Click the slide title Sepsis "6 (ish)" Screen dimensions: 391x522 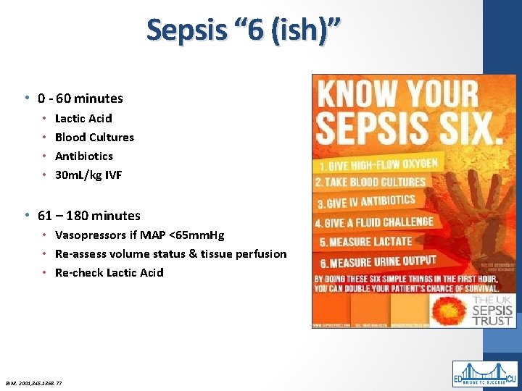[x=243, y=31]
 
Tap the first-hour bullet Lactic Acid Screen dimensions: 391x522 [x=83, y=118]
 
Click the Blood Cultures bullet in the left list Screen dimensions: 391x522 [x=94, y=137]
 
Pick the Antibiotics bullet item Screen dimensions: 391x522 [x=84, y=156]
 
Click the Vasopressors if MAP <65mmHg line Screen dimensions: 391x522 [x=139, y=235]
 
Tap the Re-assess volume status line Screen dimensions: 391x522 [x=170, y=253]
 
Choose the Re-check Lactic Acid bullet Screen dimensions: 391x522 [x=109, y=272]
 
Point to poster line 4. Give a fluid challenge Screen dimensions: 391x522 [x=373, y=222]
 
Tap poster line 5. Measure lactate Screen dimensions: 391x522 [x=363, y=241]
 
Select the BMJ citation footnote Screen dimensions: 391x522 [x=35, y=382]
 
